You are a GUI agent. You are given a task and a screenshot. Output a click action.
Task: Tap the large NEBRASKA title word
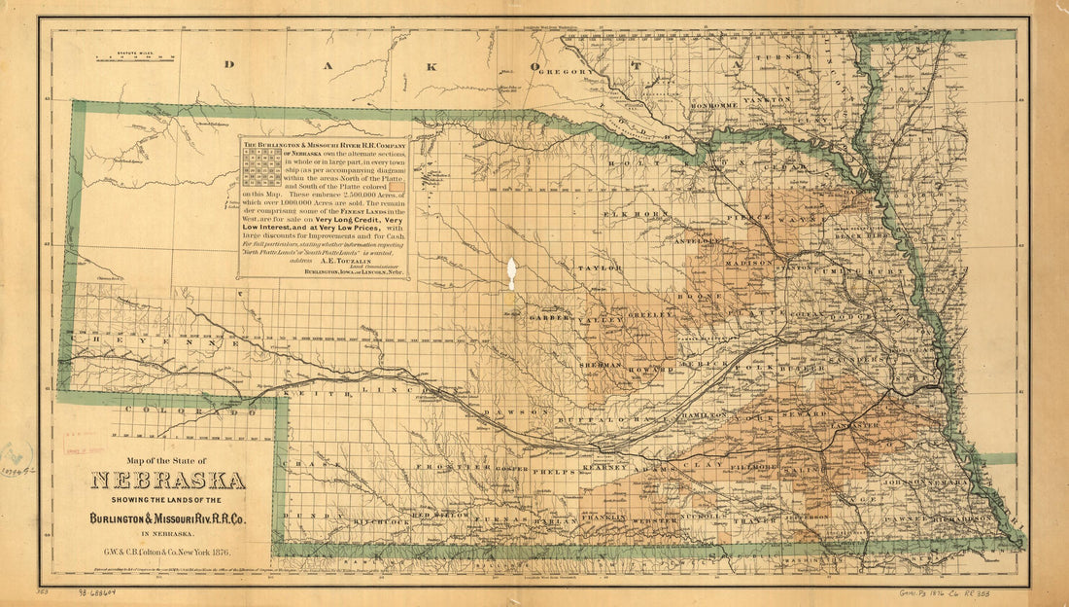[x=168, y=481]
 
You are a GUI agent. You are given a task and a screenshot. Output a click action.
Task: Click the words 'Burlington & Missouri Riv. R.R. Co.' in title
[x=168, y=518]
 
